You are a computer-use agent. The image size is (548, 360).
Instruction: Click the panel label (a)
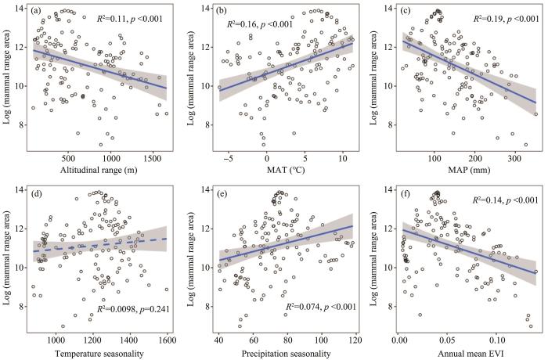(35, 11)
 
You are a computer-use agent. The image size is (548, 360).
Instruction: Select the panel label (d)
(36, 193)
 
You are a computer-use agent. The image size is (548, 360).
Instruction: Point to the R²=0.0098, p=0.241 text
(133, 309)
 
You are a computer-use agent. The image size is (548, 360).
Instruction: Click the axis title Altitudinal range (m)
(99, 171)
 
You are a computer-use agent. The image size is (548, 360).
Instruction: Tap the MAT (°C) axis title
(287, 171)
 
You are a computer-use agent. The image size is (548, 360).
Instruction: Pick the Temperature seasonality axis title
(99, 354)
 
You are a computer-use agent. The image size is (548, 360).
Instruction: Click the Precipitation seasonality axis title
(287, 354)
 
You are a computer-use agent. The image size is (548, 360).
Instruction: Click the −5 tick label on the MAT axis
(229, 159)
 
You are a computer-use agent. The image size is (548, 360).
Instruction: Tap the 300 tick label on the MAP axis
(514, 159)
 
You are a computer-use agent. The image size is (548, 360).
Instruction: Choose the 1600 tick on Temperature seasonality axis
(167, 340)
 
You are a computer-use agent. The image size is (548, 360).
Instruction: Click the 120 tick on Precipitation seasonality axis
(355, 340)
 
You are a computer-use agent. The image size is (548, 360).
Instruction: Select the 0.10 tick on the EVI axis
(496, 340)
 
